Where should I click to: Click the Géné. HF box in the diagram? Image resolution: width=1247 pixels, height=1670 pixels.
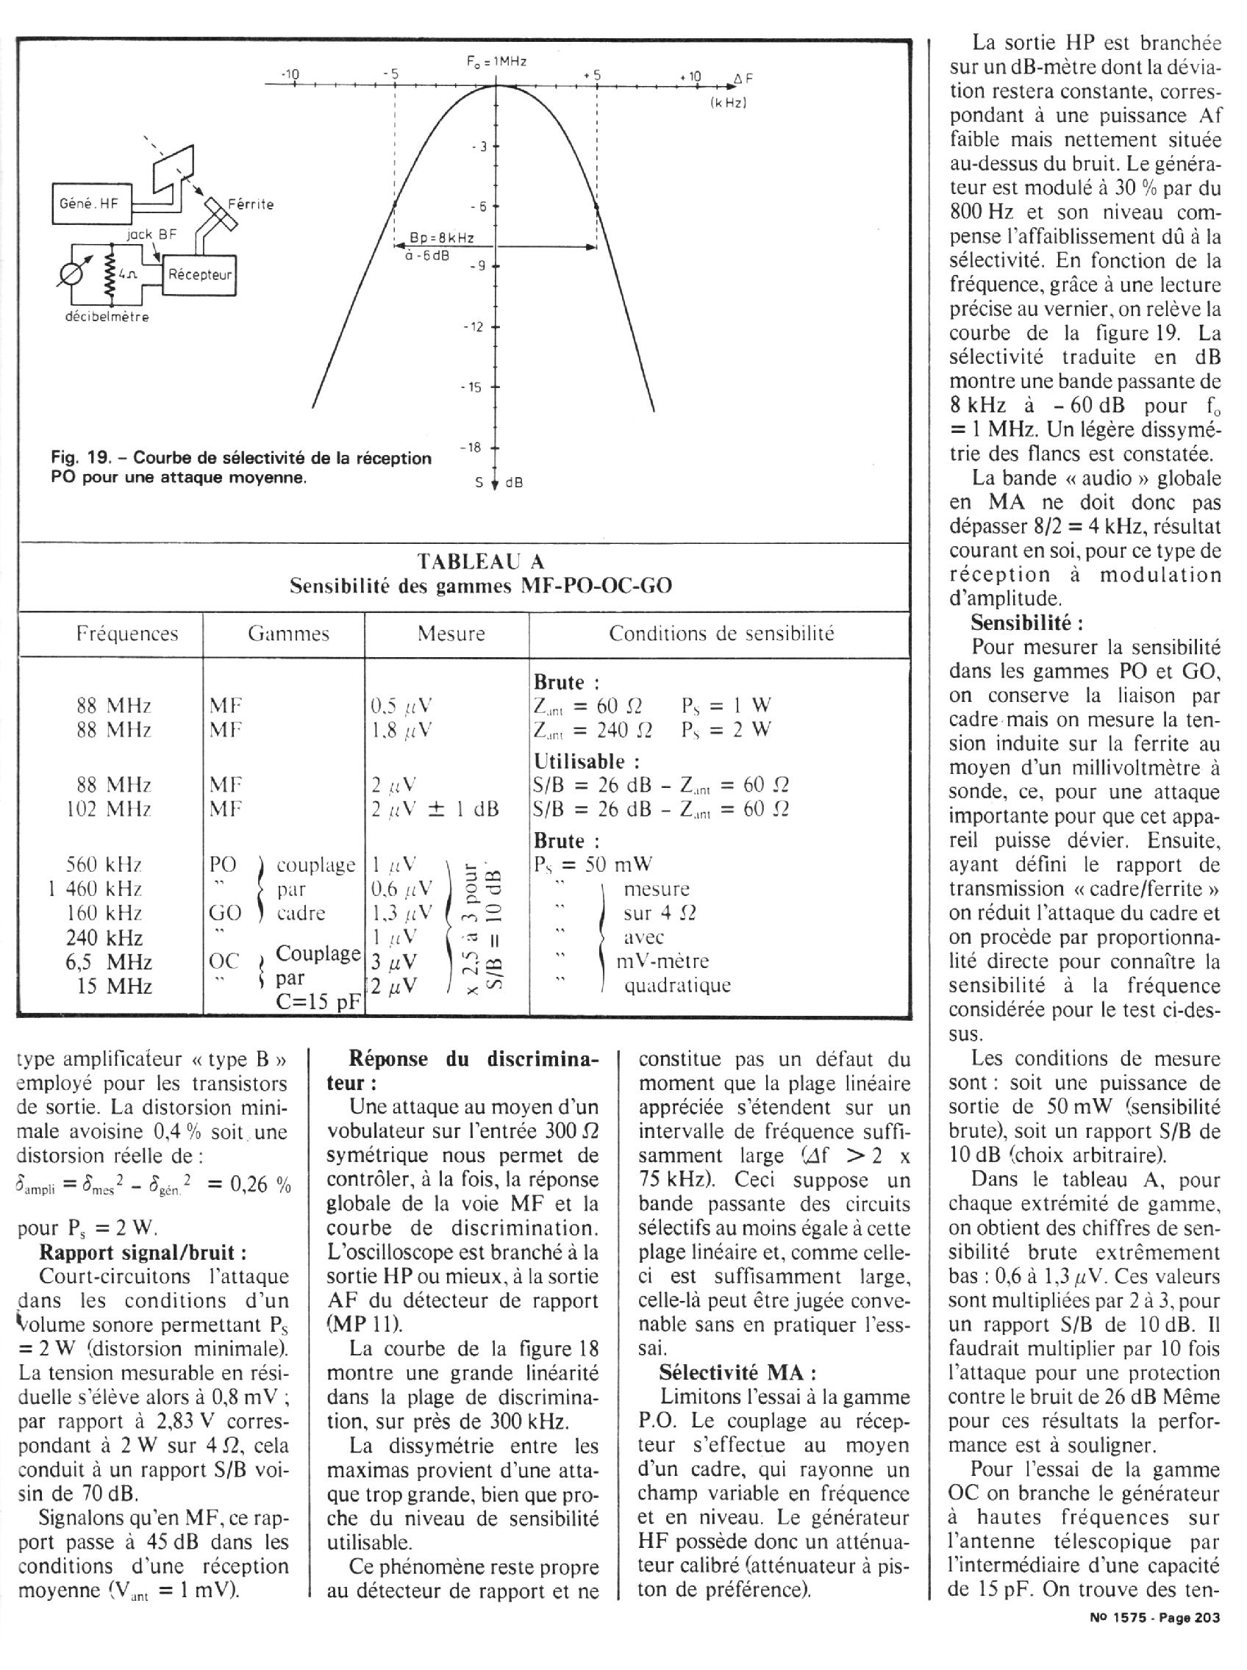[x=90, y=203]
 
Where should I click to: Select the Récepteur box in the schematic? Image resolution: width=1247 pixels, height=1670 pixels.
[x=199, y=275]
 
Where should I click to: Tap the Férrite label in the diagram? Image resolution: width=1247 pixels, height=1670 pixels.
[x=251, y=204]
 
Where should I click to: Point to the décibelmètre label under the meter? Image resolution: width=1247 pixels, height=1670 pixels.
[x=107, y=317]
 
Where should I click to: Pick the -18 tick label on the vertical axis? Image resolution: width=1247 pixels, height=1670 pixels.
[x=471, y=448]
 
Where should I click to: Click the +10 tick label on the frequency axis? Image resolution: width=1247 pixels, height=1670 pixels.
[x=690, y=76]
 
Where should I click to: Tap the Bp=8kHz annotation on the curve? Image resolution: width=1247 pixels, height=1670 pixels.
[x=442, y=238]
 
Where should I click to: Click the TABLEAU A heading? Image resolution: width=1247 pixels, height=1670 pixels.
[x=481, y=562]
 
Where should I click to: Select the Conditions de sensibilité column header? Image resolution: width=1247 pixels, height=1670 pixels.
[x=721, y=633]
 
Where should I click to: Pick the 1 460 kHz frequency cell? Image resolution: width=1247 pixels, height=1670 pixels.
[x=94, y=889]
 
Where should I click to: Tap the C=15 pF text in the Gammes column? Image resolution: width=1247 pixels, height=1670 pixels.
[x=321, y=1003]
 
